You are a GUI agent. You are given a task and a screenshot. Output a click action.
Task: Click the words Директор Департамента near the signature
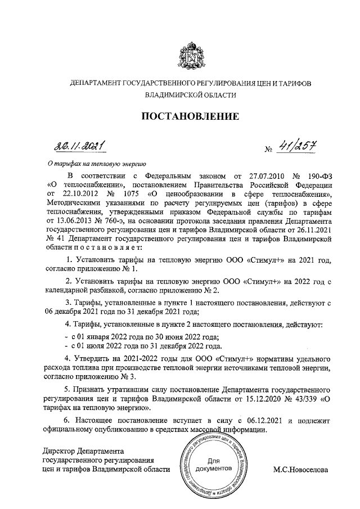[x=83, y=451]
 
